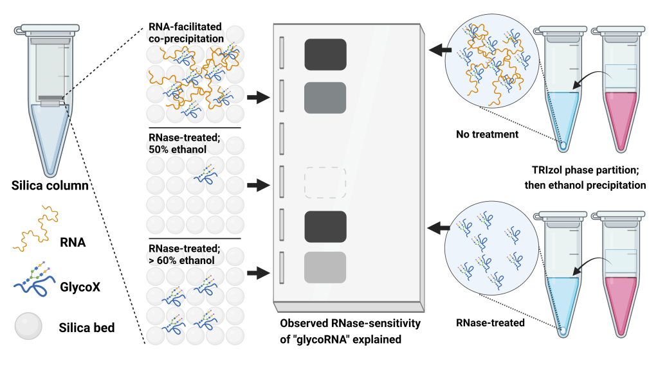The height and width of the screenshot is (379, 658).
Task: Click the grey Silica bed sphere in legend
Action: click(28, 326)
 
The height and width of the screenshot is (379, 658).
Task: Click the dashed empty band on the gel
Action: click(325, 182)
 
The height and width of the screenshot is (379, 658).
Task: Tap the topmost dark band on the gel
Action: click(325, 53)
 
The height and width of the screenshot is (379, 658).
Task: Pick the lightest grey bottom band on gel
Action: click(325, 267)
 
